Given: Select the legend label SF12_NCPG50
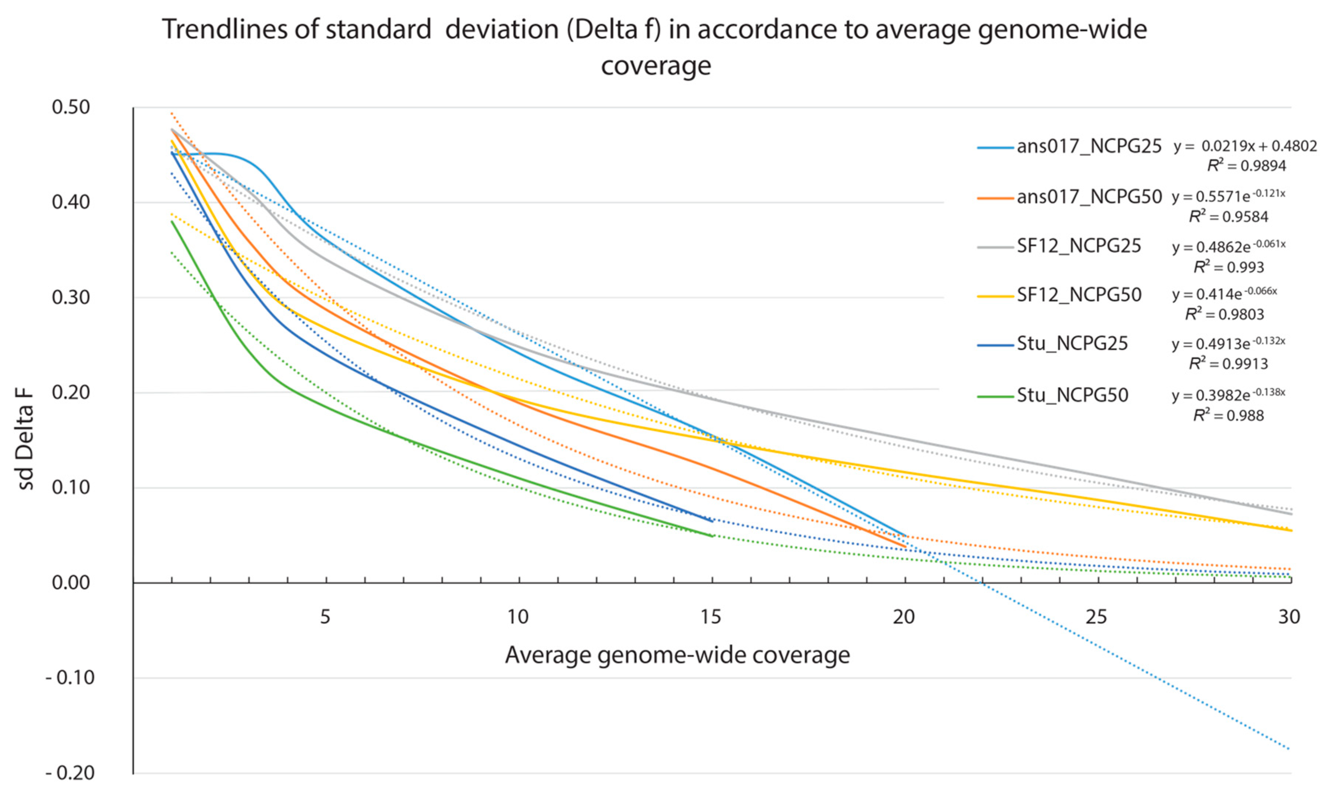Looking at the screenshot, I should [x=1079, y=295].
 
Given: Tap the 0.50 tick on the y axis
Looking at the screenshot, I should [x=71, y=107].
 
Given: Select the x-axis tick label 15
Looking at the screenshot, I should [x=710, y=617].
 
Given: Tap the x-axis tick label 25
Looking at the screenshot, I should [x=1096, y=617].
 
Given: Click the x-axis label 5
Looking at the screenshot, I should [x=325, y=617].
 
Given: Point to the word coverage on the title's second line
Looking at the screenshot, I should [x=656, y=66].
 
